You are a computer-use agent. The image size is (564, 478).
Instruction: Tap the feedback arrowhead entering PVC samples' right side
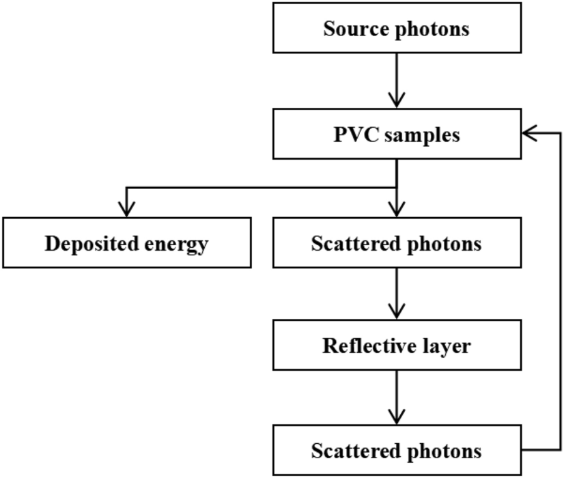(528, 135)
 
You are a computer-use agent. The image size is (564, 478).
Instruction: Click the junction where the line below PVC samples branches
(396, 187)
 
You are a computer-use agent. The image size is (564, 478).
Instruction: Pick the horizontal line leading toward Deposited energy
(259, 187)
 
